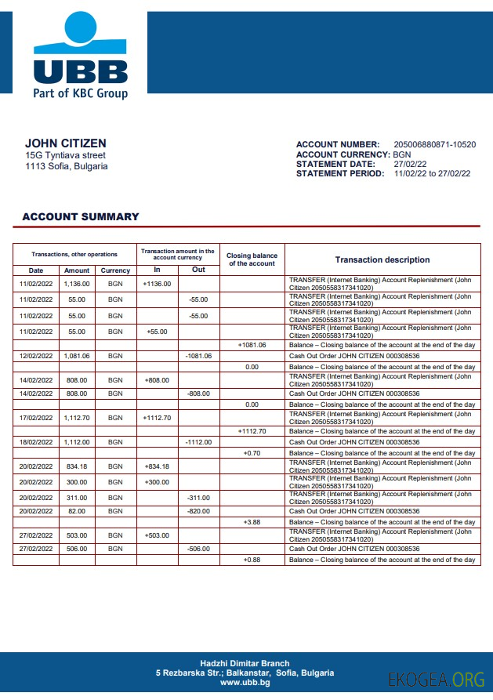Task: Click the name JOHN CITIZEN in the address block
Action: pyautogui.click(x=66, y=143)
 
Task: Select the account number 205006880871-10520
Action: pyautogui.click(x=434, y=145)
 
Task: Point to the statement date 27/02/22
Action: pyautogui.click(x=410, y=164)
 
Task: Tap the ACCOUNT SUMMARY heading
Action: pyautogui.click(x=81, y=217)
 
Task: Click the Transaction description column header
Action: pyautogui.click(x=382, y=259)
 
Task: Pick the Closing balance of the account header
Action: pyautogui.click(x=252, y=259)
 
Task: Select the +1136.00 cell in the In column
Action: pyautogui.click(x=157, y=284)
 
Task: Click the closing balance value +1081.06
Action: pyautogui.click(x=252, y=345)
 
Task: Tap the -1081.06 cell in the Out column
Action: pyautogui.click(x=198, y=356)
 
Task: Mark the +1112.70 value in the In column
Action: pyautogui.click(x=157, y=418)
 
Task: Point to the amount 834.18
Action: pyautogui.click(x=77, y=466)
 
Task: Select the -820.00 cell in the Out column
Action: pyautogui.click(x=198, y=511)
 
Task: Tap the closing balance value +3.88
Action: pyautogui.click(x=252, y=522)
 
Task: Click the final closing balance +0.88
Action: pyautogui.click(x=252, y=560)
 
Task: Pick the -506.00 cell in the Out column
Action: pyautogui.click(x=198, y=549)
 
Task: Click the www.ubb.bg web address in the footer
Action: pyautogui.click(x=245, y=683)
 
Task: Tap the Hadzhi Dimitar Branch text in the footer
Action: pyautogui.click(x=245, y=663)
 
